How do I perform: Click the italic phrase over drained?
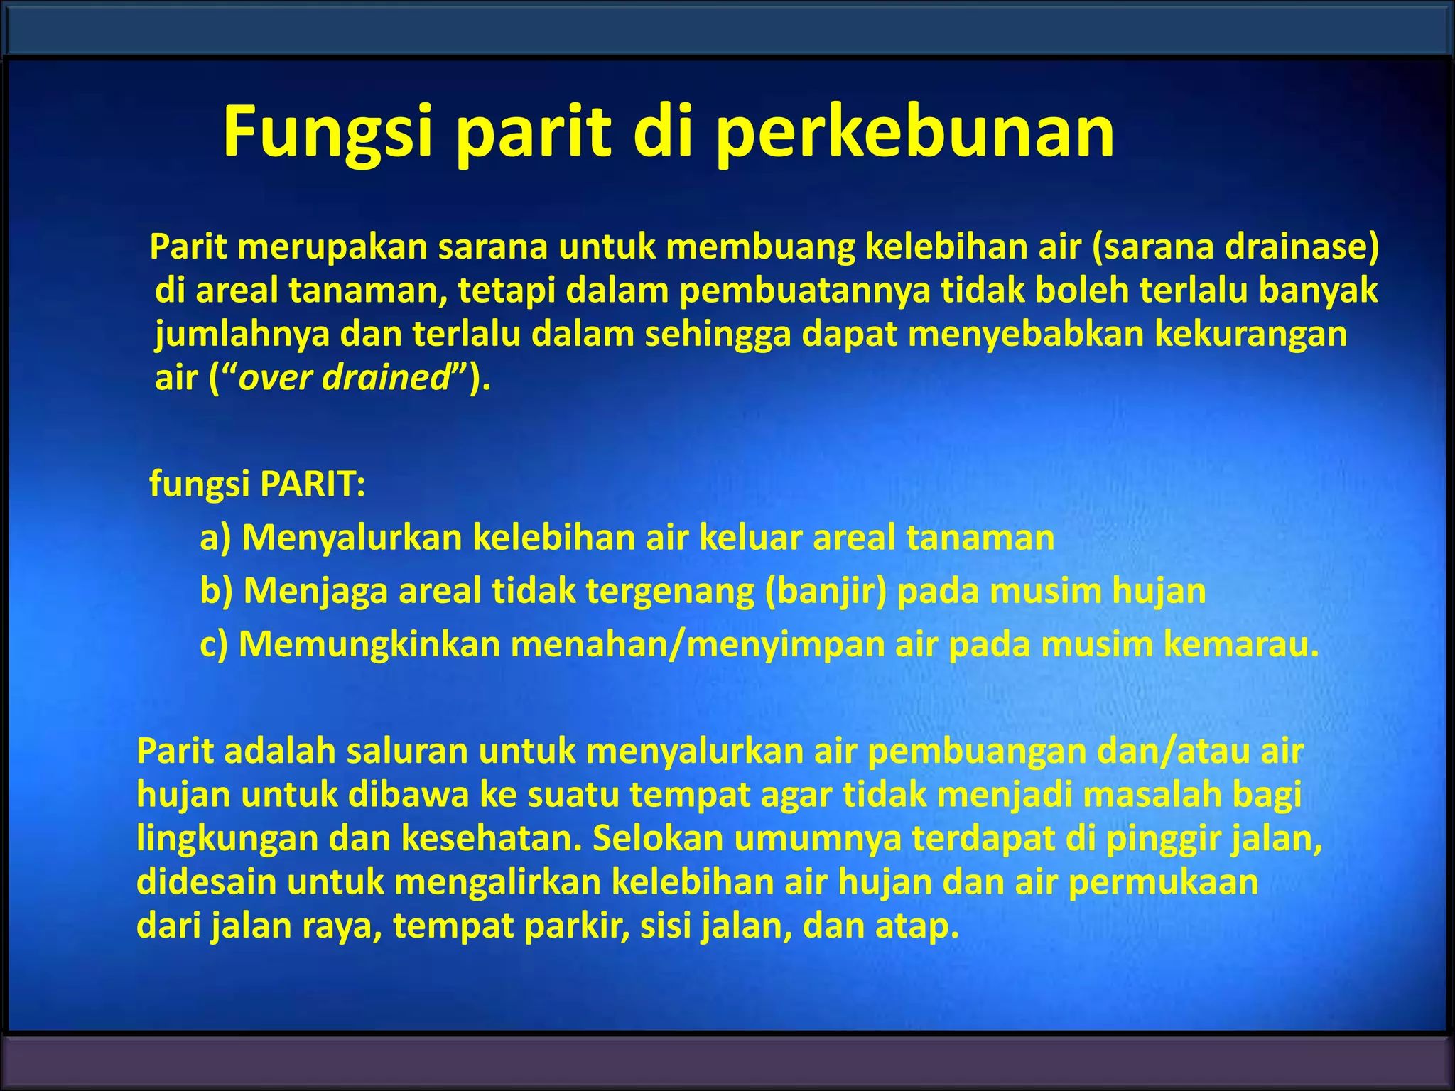coord(345,377)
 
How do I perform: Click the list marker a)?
coord(215,538)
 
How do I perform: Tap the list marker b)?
coord(216,591)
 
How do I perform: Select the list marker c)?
coord(214,644)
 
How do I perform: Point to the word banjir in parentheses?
coord(826,591)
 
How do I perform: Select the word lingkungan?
coord(227,838)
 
